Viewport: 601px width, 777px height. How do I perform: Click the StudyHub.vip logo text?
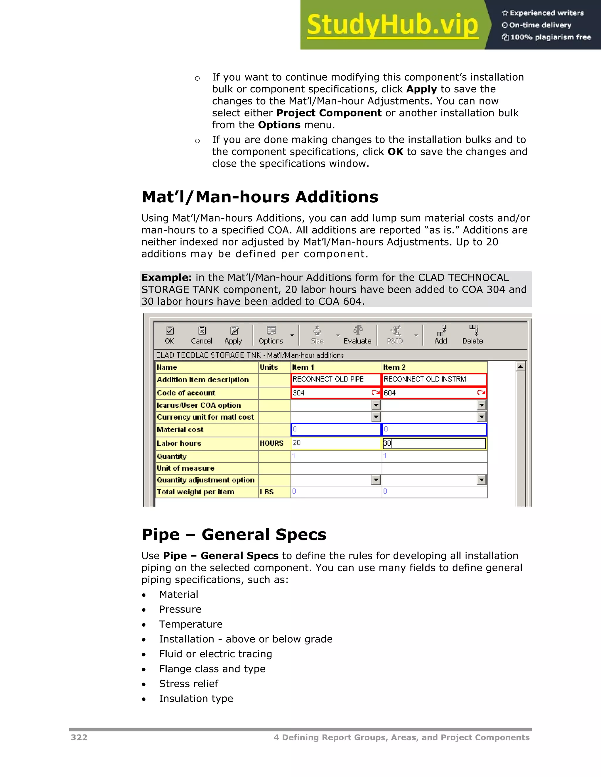(x=392, y=25)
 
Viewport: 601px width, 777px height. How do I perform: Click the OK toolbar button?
(x=170, y=335)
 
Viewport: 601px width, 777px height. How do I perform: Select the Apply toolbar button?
(x=233, y=335)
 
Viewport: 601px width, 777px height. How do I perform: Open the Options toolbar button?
(x=271, y=335)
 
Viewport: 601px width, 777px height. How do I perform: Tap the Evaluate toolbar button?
(x=357, y=335)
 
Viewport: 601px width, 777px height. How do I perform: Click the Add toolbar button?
(x=441, y=335)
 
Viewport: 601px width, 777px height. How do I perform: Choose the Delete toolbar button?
(x=472, y=335)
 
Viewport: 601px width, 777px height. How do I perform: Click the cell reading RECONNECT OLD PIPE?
(x=335, y=379)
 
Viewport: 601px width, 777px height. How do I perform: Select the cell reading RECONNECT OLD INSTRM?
(x=434, y=379)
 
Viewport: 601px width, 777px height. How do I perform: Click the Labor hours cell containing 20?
(x=335, y=443)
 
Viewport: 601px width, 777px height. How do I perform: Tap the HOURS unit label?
(x=272, y=443)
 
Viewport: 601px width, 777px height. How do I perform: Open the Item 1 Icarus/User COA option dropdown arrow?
(x=376, y=405)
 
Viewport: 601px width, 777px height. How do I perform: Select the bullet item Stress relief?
(x=189, y=683)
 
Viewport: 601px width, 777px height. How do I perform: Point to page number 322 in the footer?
(x=79, y=737)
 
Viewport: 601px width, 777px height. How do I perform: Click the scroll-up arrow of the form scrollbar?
(x=520, y=367)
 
